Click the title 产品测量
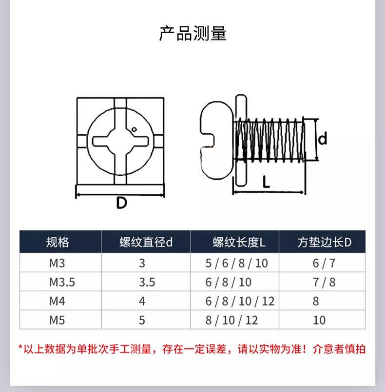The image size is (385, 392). pyautogui.click(x=192, y=34)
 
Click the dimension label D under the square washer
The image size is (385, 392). pyautogui.click(x=121, y=202)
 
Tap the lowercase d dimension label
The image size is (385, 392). pyautogui.click(x=322, y=140)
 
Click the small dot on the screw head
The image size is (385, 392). pyautogui.click(x=135, y=129)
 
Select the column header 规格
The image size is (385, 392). pyautogui.click(x=58, y=242)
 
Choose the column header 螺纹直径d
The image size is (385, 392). pyautogui.click(x=146, y=242)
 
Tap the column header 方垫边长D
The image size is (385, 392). pyautogui.click(x=324, y=242)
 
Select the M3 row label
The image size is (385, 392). pyautogui.click(x=57, y=263)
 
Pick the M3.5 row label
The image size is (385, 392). pyautogui.click(x=62, y=282)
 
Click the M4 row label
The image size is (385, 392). pyautogui.click(x=57, y=301)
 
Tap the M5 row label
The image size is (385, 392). pyautogui.click(x=57, y=320)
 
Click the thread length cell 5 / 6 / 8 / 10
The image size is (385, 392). pyautogui.click(x=237, y=263)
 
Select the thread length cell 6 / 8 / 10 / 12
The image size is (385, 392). pyautogui.click(x=240, y=301)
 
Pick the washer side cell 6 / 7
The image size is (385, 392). pyautogui.click(x=324, y=263)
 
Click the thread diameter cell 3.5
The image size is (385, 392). pyautogui.click(x=147, y=282)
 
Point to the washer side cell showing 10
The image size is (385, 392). pyautogui.click(x=319, y=320)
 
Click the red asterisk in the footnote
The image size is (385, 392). pyautogui.click(x=20, y=349)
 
